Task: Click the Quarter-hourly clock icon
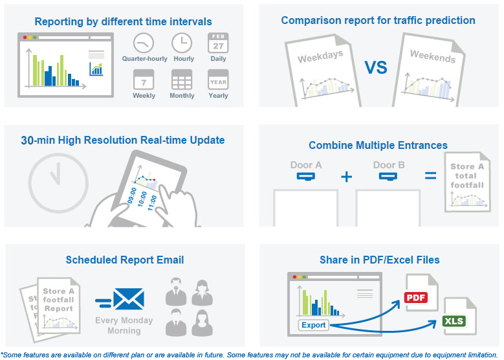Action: [144, 43]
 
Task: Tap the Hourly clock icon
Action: [182, 43]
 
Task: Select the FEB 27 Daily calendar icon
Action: [218, 43]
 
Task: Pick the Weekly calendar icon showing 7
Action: [144, 80]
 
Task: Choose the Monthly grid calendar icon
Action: [182, 80]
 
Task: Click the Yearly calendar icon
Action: [218, 80]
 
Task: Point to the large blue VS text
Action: [376, 67]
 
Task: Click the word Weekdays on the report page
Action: [320, 56]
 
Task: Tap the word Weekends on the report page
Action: [433, 56]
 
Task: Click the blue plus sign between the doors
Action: [347, 177]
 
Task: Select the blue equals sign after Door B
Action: [431, 175]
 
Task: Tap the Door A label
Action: [306, 165]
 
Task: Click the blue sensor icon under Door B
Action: [388, 177]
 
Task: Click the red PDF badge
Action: [416, 298]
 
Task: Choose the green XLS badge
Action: [454, 321]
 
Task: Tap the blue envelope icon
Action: [129, 299]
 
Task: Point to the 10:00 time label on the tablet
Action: [142, 199]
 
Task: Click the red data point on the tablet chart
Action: [154, 180]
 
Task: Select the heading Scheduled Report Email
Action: [125, 260]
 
